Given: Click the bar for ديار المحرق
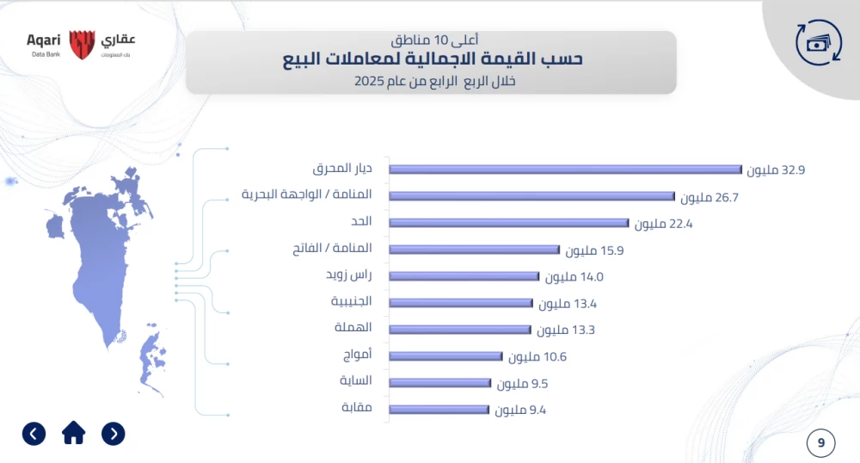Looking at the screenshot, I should (565, 170).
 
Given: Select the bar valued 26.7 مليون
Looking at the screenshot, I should (531, 196).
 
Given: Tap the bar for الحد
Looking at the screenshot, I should (509, 223).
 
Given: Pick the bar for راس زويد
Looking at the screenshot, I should (464, 276).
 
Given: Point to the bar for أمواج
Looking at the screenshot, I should (445, 355).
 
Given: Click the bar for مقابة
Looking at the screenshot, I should (439, 409).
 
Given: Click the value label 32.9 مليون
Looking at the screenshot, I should (776, 170).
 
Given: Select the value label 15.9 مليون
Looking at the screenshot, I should (594, 250).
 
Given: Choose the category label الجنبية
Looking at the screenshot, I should (351, 301).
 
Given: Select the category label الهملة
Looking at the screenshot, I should (353, 328).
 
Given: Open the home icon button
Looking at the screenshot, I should (74, 433).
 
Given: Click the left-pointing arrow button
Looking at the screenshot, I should (34, 433).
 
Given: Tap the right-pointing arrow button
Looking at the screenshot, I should (114, 433).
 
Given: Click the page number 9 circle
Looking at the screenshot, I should (821, 443).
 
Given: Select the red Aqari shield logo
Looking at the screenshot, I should (81, 44).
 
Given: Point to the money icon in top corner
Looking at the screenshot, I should (818, 43).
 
